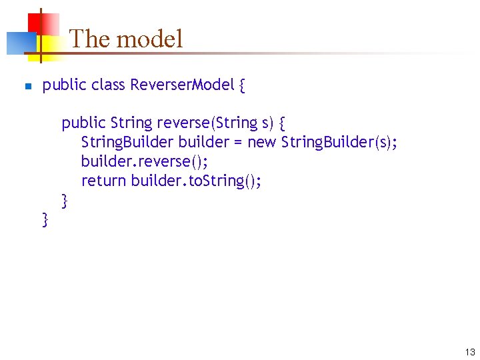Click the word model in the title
150,39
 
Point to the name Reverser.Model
182,85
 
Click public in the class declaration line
65,85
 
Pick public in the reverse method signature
84,123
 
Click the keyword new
261,143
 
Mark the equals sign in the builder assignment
238,143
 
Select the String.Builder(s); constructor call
340,143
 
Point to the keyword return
103,181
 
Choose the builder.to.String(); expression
196,181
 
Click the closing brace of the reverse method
65,200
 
